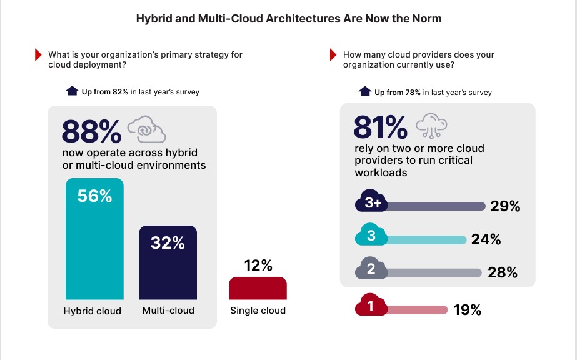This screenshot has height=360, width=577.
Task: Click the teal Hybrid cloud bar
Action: tap(94, 241)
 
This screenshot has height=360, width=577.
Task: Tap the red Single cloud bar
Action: tap(258, 289)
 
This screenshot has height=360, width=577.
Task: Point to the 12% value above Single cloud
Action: tap(258, 266)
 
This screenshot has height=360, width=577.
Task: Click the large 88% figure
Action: tap(91, 132)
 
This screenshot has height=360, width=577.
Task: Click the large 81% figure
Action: tap(380, 127)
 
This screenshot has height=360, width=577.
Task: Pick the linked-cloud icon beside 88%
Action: tap(146, 130)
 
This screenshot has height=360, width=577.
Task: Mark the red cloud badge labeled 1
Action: tap(371, 307)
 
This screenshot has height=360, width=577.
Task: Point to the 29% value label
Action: tap(505, 207)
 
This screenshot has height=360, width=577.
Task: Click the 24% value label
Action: tap(486, 239)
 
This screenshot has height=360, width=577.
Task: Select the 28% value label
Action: tap(503, 272)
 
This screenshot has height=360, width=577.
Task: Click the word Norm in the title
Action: tap(426, 19)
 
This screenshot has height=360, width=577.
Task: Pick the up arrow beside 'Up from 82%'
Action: tap(72, 91)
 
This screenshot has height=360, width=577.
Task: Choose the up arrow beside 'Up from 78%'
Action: tap(364, 92)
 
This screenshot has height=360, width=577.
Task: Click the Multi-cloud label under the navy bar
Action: tap(168, 310)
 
